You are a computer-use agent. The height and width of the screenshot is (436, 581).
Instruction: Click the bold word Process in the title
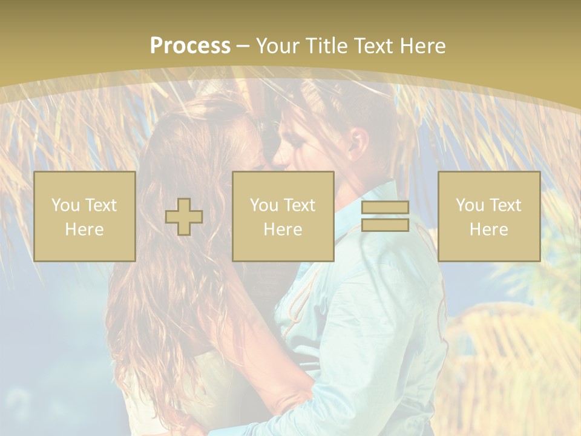[x=190, y=46]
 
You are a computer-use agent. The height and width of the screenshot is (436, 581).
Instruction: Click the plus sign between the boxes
[x=184, y=217]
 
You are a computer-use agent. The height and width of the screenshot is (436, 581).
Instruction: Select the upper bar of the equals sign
[x=385, y=208]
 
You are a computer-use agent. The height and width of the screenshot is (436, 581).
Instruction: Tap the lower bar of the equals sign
[x=385, y=225]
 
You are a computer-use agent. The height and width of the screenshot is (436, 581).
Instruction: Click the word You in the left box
[x=65, y=205]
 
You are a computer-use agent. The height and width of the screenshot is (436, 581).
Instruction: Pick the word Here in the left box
[x=84, y=230]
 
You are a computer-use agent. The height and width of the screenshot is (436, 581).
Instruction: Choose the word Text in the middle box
[x=300, y=205]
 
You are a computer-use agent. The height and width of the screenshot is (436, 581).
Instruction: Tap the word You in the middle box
[x=264, y=205]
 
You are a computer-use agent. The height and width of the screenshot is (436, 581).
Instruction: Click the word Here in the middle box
[x=283, y=230]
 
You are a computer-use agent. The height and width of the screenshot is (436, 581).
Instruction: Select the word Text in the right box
[x=505, y=205]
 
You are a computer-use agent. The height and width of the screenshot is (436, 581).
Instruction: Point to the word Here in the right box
[x=488, y=230]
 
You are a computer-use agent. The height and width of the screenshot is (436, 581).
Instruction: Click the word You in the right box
[x=470, y=205]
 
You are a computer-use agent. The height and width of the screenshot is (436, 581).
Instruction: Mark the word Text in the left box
[x=101, y=205]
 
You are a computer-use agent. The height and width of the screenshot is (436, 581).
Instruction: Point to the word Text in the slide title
[x=370, y=46]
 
